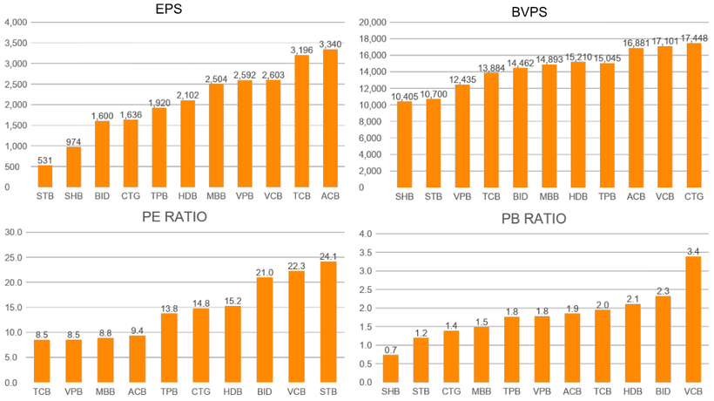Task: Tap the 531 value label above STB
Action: point(45,158)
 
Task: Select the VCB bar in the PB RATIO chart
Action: point(694,320)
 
